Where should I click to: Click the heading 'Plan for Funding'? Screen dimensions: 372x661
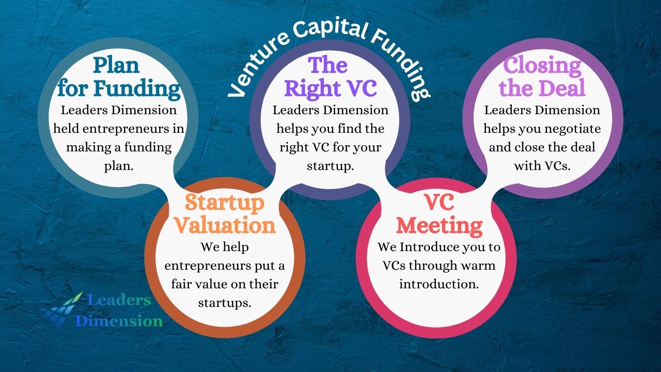click(118, 77)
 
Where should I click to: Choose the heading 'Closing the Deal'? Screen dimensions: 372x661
click(542, 77)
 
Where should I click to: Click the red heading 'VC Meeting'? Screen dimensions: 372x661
click(439, 214)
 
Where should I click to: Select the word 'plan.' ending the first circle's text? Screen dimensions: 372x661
click(119, 166)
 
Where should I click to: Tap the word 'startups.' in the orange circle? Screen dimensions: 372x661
click(225, 303)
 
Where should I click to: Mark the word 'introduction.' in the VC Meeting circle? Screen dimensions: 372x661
click(439, 284)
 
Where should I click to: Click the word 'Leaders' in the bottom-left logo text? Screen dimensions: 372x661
click(119, 300)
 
